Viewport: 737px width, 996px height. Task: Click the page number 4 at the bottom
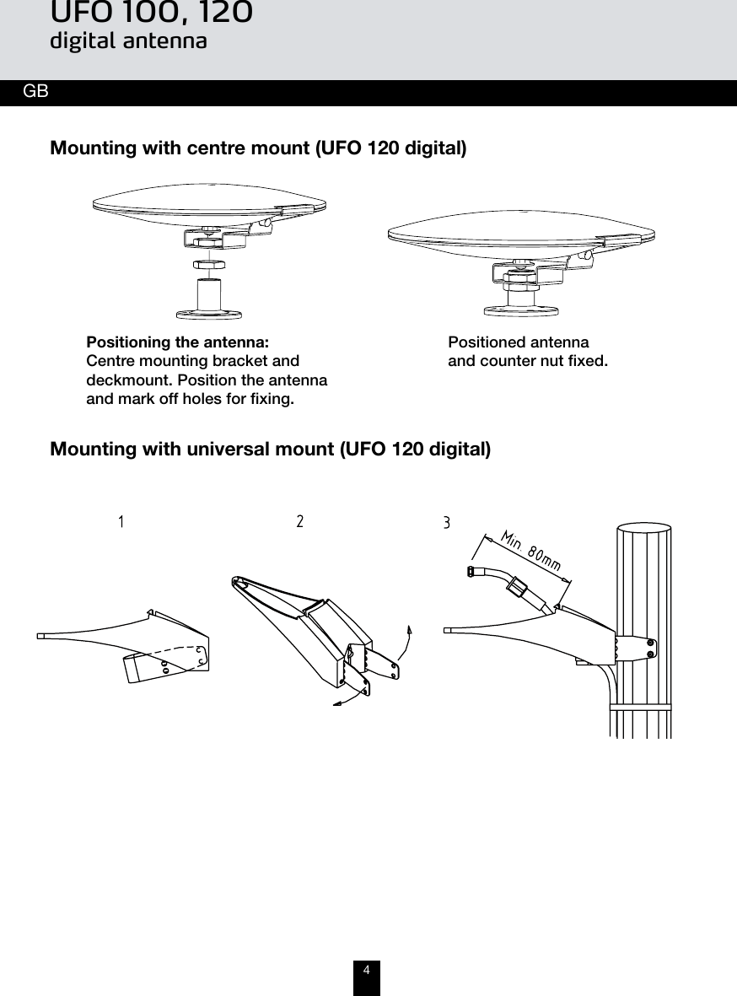366,971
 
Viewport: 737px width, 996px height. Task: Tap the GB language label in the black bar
35,92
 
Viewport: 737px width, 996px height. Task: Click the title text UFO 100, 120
151,13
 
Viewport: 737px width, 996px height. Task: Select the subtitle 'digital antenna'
128,40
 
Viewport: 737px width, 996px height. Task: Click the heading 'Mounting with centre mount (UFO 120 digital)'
258,149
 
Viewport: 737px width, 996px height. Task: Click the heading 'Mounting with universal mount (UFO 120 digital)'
270,449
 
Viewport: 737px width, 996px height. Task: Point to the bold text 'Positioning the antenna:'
178,343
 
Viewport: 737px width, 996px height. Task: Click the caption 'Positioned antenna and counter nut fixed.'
527,353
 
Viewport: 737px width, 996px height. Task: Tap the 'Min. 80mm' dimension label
531,550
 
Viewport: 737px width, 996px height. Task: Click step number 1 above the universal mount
121,522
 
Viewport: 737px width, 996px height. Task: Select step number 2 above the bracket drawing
300,521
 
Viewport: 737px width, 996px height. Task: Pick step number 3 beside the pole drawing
447,524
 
